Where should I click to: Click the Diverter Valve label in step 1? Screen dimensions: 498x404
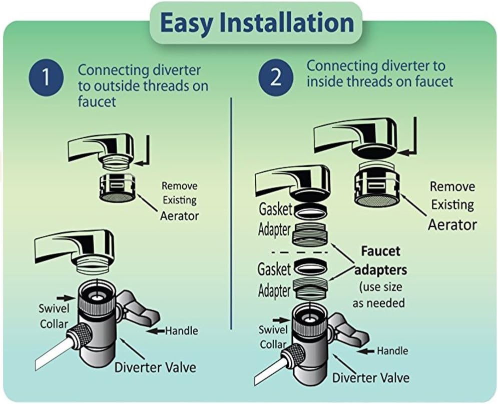[155, 367]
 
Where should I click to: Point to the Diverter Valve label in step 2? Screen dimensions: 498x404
[371, 377]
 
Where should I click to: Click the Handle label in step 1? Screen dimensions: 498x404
[181, 330]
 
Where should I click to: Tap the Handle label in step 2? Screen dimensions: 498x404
[392, 350]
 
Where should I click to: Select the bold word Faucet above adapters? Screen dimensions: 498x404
[380, 251]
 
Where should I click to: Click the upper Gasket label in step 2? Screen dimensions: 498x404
[275, 209]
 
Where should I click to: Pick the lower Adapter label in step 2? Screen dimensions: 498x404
[274, 290]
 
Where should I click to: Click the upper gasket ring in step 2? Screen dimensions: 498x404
[310, 212]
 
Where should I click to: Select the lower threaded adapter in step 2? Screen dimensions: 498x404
[310, 287]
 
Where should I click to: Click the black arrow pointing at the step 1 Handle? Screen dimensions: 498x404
[156, 331]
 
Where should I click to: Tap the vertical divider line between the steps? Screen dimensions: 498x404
[231, 213]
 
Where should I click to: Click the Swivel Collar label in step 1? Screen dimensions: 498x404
[54, 316]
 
